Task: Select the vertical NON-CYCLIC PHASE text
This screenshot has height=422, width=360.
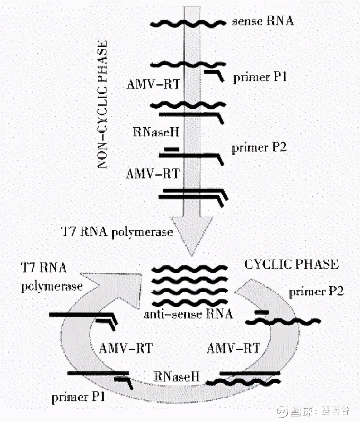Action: pyautogui.click(x=102, y=105)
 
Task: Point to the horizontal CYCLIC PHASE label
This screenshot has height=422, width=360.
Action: pyautogui.click(x=291, y=264)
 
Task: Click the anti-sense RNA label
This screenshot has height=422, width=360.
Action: pyautogui.click(x=188, y=314)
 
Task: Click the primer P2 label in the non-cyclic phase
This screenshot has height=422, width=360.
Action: pyautogui.click(x=259, y=147)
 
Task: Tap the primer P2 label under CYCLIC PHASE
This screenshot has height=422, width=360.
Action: pyautogui.click(x=316, y=292)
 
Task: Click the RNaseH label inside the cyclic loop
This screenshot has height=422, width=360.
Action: pyautogui.click(x=176, y=376)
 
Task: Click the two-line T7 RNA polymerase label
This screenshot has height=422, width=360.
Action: pyautogui.click(x=51, y=277)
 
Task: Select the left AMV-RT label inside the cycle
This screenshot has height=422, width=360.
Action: pyautogui.click(x=126, y=347)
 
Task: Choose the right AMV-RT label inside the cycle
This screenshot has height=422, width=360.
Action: pyautogui.click(x=233, y=347)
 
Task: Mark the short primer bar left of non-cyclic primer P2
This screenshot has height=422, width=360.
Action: pyautogui.click(x=171, y=149)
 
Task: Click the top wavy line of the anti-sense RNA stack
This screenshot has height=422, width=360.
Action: pyautogui.click(x=190, y=268)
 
